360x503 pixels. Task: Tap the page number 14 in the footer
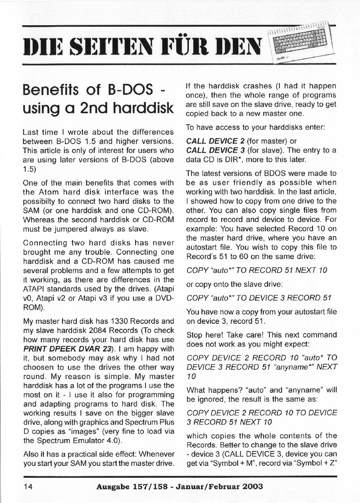pos(28,487)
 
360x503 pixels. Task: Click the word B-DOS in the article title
pos(130,89)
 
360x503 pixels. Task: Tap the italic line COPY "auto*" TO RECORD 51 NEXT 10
pos(257,270)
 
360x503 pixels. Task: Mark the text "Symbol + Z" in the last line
pos(314,463)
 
